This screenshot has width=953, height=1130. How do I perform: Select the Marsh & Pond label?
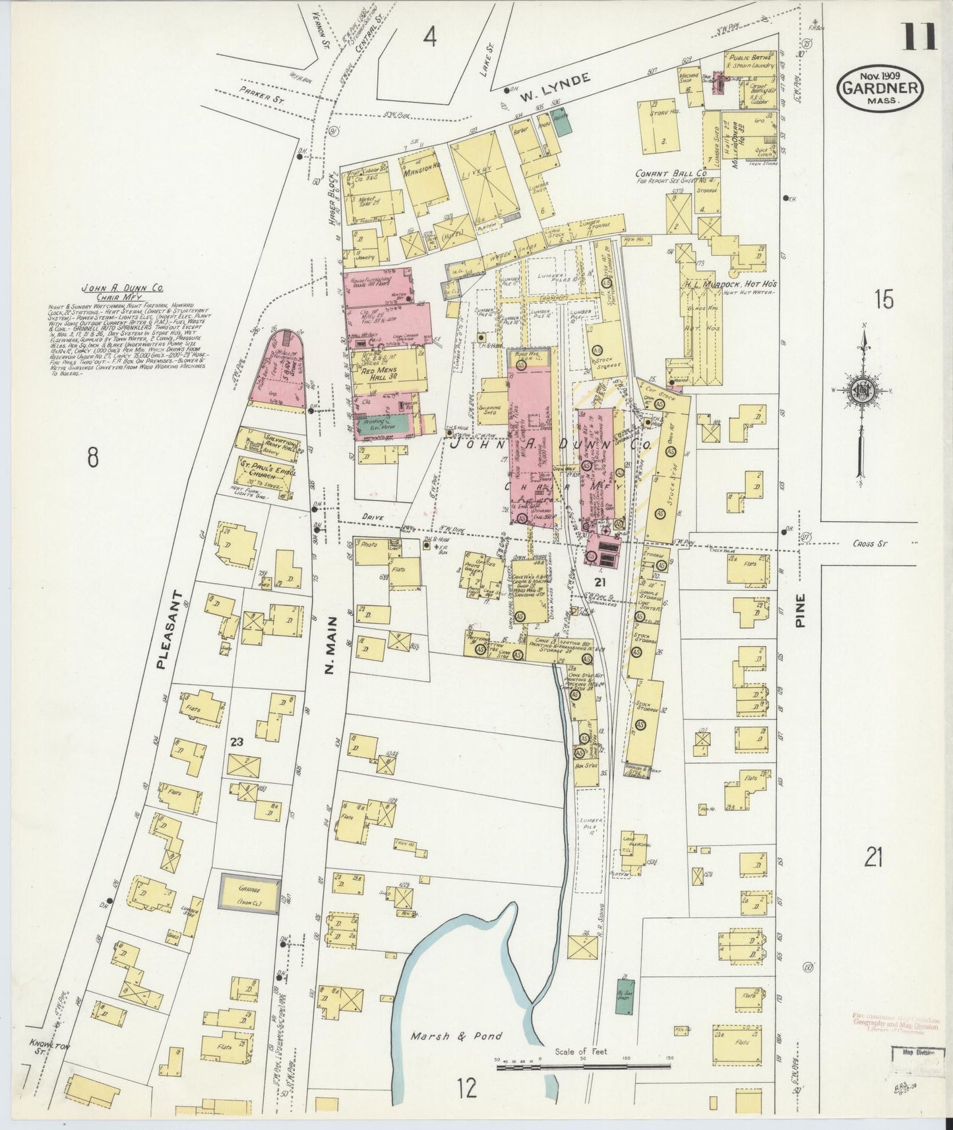point(456,1036)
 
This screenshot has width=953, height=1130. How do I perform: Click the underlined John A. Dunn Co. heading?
point(123,288)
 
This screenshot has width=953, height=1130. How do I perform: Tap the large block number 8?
point(93,456)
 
